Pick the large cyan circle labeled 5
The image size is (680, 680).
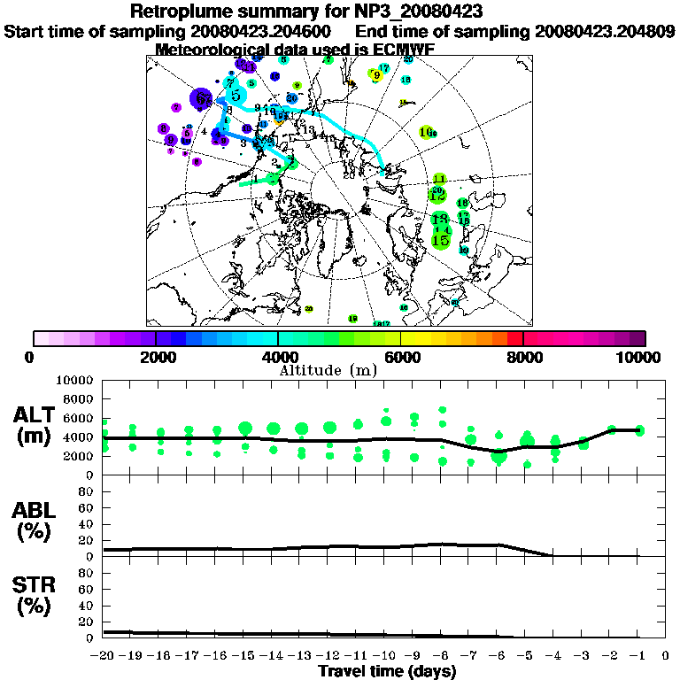pos(235,94)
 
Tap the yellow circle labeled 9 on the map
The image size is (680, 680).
pos(376,75)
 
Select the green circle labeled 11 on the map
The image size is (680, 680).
pos(439,180)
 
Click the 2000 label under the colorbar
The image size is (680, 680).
pos(156,357)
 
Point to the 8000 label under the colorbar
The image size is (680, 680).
pos(523,357)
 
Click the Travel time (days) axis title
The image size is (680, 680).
pos(387,672)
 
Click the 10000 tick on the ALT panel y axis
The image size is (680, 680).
pos(74,380)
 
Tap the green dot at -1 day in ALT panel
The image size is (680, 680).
pos(639,431)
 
